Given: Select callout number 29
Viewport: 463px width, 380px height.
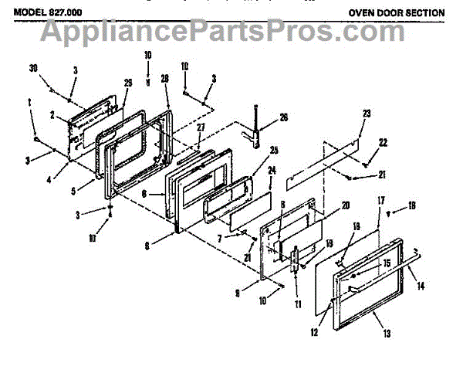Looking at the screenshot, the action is (x=128, y=83).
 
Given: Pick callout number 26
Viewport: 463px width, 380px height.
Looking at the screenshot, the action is (x=282, y=117).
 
